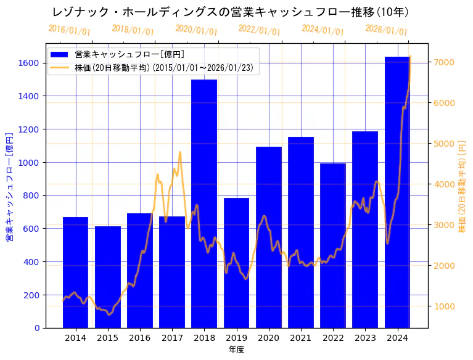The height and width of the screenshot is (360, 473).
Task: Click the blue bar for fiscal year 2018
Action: click(x=204, y=203)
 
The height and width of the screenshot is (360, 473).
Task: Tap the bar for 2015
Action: click(x=108, y=277)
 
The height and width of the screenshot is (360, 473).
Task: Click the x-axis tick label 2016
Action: click(x=140, y=338)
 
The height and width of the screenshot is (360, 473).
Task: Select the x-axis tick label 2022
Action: click(x=333, y=338)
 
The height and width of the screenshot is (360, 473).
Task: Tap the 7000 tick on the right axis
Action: click(x=445, y=62)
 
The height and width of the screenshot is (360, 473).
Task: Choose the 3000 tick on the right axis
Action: click(x=445, y=225)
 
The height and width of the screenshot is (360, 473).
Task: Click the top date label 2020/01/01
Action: click(x=196, y=30)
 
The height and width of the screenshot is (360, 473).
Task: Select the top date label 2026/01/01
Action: click(x=386, y=30)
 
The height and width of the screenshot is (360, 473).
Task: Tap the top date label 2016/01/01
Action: click(x=69, y=30)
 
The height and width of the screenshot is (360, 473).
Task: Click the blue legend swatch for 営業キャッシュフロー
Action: click(x=60, y=54)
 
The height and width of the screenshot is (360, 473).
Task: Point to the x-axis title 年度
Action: click(x=236, y=350)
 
